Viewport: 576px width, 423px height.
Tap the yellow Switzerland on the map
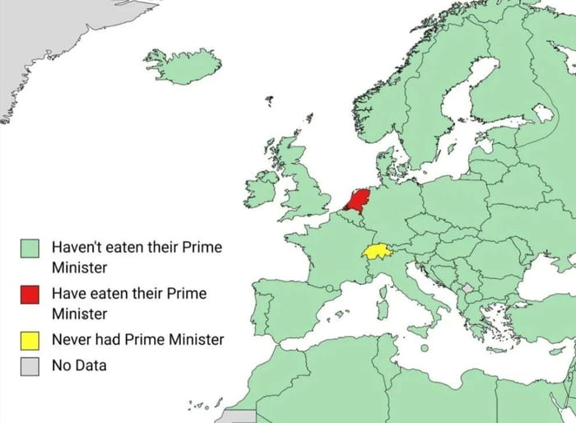click(x=376, y=251)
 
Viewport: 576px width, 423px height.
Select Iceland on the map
click(x=182, y=66)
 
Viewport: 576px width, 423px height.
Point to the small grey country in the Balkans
click(x=469, y=288)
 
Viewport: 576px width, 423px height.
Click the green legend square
click(x=31, y=247)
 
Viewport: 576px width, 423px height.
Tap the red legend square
click(x=31, y=294)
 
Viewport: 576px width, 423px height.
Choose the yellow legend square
click(x=31, y=339)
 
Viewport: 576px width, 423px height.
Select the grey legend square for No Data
click(x=31, y=365)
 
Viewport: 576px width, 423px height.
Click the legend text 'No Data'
click(x=79, y=365)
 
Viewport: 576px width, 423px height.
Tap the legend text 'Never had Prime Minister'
click(x=137, y=339)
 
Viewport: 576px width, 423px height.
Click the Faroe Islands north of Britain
click(x=269, y=101)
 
